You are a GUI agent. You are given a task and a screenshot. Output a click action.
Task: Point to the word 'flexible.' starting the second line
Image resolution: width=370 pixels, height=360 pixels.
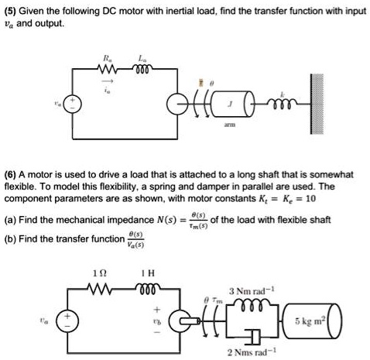pyautogui.click(x=22, y=187)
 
